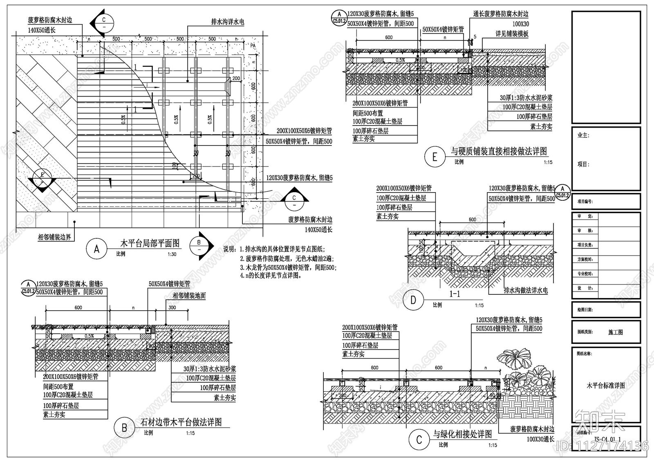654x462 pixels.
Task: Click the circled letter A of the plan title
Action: click(96, 249)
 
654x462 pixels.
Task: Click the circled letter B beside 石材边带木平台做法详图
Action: click(124, 428)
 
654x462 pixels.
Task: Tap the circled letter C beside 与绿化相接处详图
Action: click(419, 440)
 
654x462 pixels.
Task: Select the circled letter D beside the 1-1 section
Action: click(413, 301)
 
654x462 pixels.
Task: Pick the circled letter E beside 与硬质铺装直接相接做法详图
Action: click(435, 157)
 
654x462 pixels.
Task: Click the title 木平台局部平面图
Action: click(150, 243)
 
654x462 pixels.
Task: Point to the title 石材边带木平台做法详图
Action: click(181, 422)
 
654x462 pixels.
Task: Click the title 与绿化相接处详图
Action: click(463, 434)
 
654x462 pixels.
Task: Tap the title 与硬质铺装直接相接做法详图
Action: click(499, 151)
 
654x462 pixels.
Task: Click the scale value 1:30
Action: click(172, 254)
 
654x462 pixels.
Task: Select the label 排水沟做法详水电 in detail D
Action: click(526, 290)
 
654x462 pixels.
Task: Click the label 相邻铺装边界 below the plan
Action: click(54, 237)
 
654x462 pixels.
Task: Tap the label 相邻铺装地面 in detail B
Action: click(189, 296)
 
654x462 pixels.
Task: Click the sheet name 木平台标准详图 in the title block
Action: click(606, 385)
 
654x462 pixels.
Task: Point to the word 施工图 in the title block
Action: click(615, 332)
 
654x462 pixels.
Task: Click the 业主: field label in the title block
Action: click(583, 135)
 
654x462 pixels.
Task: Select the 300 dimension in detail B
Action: click(172, 307)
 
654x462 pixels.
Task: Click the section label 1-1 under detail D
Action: click(455, 294)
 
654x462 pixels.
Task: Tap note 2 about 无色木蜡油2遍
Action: click(289, 258)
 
